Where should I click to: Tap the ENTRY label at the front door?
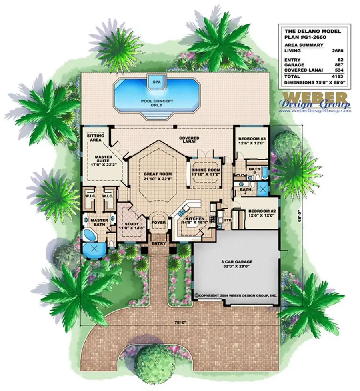pyautogui.click(x=159, y=243)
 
